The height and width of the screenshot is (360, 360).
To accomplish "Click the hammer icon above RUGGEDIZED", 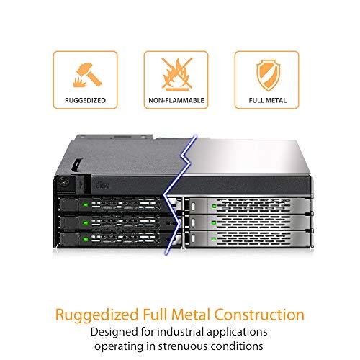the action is click(x=87, y=75).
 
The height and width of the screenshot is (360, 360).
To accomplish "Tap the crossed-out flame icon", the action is click(x=177, y=74).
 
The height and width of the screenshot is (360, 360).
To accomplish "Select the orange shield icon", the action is click(x=268, y=75).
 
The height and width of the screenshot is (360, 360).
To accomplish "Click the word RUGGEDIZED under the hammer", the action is click(x=85, y=100).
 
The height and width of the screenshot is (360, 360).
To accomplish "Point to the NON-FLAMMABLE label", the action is click(x=176, y=100).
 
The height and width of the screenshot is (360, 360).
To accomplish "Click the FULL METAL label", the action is click(x=268, y=100).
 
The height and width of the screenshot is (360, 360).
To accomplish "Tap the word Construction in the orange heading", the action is click(x=259, y=315).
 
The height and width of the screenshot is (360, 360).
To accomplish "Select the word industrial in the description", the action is click(x=181, y=332).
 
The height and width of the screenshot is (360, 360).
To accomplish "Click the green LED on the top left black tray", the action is click(x=85, y=204).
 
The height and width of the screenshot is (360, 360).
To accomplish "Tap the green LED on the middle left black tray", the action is click(x=85, y=222).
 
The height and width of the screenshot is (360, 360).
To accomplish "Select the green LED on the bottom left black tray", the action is click(x=85, y=240).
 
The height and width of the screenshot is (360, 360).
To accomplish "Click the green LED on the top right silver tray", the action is click(x=214, y=206).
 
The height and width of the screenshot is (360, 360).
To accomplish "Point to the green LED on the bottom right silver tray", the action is click(x=214, y=239).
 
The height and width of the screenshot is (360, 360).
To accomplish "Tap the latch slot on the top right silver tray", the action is click(x=194, y=206).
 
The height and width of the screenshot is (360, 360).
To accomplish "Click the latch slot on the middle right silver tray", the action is click(x=194, y=222).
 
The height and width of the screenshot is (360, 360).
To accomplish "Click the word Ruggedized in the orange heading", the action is click(x=97, y=315).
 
